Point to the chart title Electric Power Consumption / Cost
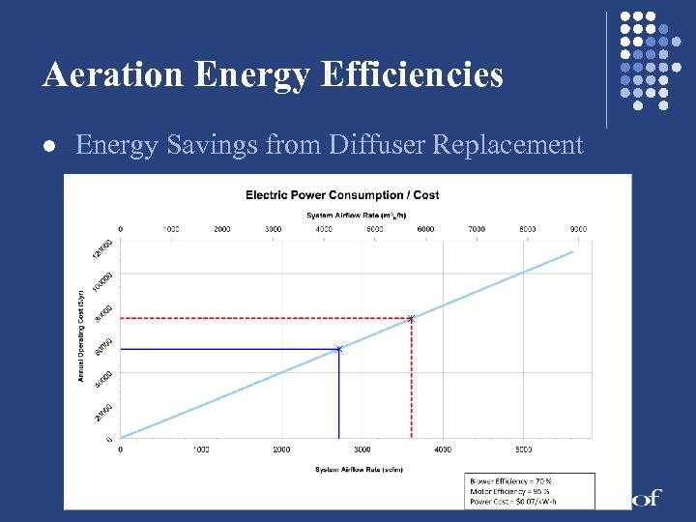pyautogui.click(x=342, y=194)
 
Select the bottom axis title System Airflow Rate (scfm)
pyautogui.click(x=358, y=470)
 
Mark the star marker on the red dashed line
pyautogui.click(x=411, y=318)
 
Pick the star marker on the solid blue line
pyautogui.click(x=338, y=348)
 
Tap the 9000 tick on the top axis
pyautogui.click(x=578, y=229)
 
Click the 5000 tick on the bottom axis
pyautogui.click(x=523, y=449)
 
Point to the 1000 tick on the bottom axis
pyautogui.click(x=201, y=449)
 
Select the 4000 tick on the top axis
pyautogui.click(x=324, y=229)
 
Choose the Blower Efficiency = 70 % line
pyautogui.click(x=510, y=481)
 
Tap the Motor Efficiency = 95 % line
pyautogui.click(x=510, y=491)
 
